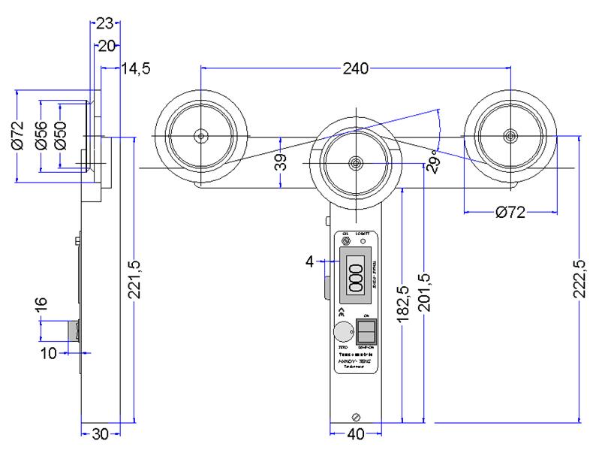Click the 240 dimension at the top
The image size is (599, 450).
[x=355, y=69]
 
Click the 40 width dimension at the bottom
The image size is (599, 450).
[x=356, y=433]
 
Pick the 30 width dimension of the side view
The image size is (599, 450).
[x=101, y=433]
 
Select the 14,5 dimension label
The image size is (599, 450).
[x=136, y=69]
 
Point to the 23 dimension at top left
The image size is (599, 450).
[x=104, y=23]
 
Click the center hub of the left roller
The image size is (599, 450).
[x=201, y=136]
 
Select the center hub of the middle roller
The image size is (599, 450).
[x=356, y=162]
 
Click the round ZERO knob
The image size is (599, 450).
[x=343, y=331]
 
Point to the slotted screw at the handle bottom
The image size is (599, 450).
[x=357, y=416]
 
